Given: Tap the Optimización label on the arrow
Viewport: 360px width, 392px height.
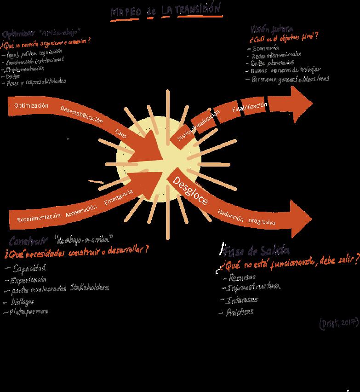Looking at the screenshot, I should (x=31, y=106).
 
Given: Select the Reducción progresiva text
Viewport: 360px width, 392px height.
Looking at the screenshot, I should (x=246, y=217).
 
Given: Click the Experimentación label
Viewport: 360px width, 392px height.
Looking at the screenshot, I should (x=39, y=217).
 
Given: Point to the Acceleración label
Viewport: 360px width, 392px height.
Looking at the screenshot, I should (x=81, y=210).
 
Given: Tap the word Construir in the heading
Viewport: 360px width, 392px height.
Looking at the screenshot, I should (x=29, y=241).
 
